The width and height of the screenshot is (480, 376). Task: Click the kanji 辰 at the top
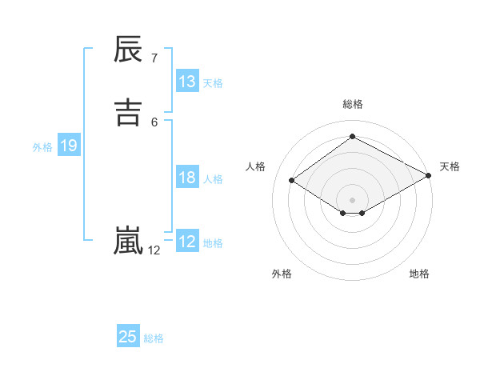click(128, 50)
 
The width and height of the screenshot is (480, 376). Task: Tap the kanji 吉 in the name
click(128, 112)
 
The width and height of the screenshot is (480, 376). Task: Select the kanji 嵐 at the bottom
click(128, 240)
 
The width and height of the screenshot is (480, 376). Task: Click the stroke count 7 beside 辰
click(154, 58)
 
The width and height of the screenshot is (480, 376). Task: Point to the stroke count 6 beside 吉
click(154, 122)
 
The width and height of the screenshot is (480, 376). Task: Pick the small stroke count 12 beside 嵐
click(154, 250)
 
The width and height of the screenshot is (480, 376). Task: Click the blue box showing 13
click(187, 82)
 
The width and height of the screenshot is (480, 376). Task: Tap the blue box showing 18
click(187, 178)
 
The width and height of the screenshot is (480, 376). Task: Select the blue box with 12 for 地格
click(187, 242)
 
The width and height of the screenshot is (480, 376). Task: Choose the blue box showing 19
click(68, 146)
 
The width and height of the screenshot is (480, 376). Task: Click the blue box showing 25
click(128, 337)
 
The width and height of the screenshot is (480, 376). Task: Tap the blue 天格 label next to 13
click(213, 83)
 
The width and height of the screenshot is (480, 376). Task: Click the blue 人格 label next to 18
click(213, 179)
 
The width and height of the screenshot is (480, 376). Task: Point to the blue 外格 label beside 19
click(42, 147)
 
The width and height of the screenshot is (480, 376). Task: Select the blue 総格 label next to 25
click(154, 338)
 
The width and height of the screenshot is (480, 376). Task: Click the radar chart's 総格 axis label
click(353, 104)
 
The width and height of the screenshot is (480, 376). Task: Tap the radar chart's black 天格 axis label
click(450, 166)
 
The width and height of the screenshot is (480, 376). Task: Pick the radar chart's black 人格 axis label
click(255, 166)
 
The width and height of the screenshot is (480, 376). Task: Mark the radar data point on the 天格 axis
click(430, 177)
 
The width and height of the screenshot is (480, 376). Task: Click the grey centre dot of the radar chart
click(353, 198)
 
